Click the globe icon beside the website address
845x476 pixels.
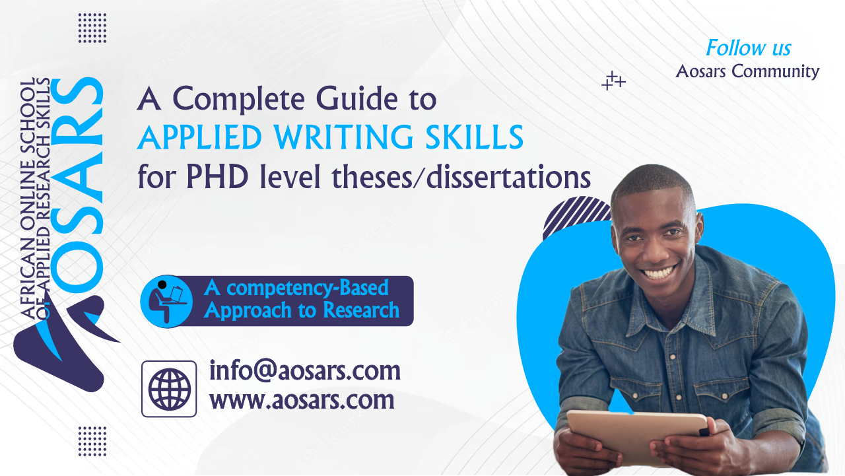coord(169,389)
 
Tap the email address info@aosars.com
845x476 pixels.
coord(305,370)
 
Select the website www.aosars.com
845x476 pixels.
coord(302,400)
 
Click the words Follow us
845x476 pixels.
coord(749,48)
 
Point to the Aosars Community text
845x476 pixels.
coord(747,71)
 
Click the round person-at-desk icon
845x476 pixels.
coord(166,301)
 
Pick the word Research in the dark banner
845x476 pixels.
coord(361,310)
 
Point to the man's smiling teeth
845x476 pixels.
coord(659,272)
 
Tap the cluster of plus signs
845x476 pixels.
coord(613,81)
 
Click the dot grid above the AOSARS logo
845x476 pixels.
coord(92,28)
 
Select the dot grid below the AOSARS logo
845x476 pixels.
coord(92,441)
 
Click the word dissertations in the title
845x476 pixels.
coord(508,177)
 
